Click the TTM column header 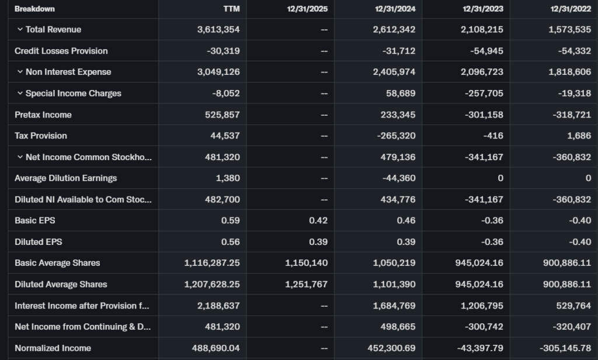point(232,9)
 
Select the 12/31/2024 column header point(395,9)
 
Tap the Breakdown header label point(34,9)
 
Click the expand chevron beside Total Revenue point(20,30)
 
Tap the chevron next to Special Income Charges point(20,94)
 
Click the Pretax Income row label point(43,115)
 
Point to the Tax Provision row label point(41,136)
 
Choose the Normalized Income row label point(53,348)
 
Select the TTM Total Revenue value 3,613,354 point(218,30)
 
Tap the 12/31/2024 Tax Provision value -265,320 point(399,136)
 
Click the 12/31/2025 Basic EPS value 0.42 point(318,220)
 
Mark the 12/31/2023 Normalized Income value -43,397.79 point(478,348)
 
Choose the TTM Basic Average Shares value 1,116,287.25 point(212,263)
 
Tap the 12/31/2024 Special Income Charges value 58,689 point(402,94)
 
